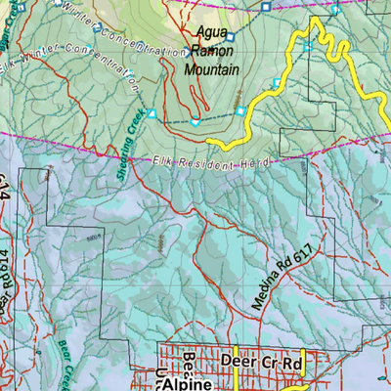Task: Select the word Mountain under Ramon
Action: (212, 70)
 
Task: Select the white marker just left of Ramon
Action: (189, 54)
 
